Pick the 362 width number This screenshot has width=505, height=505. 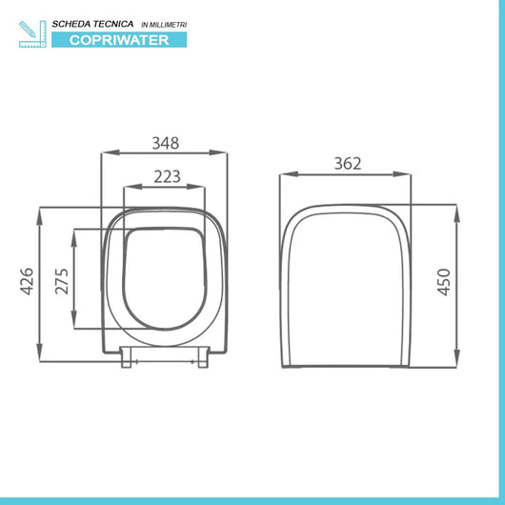(347, 163)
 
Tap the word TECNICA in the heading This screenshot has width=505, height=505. (122, 22)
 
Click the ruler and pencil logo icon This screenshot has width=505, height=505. (32, 31)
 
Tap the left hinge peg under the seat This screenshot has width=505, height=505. (128, 359)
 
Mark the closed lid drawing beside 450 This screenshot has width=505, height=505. (347, 286)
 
